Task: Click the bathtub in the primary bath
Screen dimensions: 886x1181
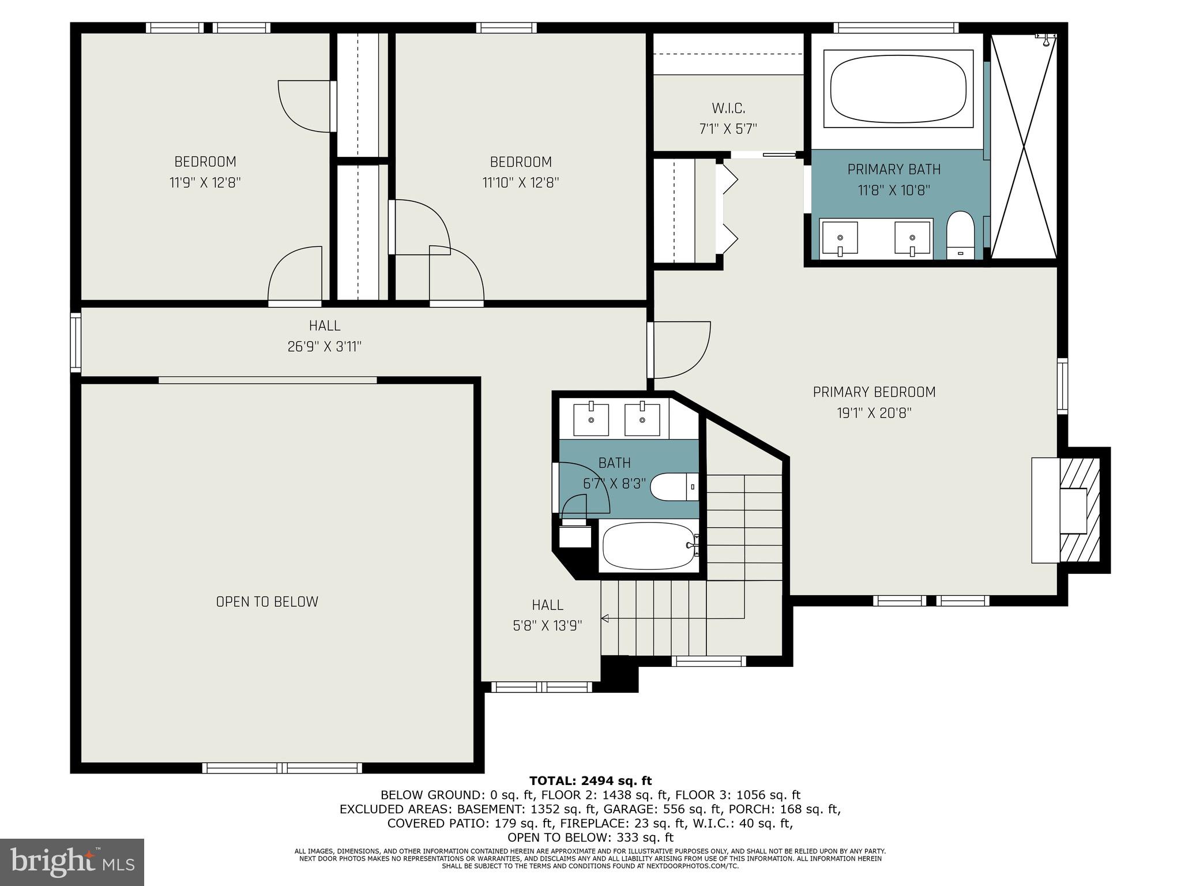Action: click(898, 88)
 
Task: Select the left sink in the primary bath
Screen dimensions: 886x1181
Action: click(840, 238)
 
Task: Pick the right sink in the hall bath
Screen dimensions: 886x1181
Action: click(642, 419)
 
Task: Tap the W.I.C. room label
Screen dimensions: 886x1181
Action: click(728, 108)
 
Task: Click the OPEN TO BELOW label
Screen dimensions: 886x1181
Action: click(267, 602)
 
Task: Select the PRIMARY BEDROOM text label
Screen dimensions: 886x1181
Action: click(874, 392)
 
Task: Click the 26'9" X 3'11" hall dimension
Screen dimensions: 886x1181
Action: click(324, 347)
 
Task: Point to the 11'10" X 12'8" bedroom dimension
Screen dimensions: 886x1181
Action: click(520, 183)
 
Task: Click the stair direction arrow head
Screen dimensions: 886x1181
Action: click(605, 619)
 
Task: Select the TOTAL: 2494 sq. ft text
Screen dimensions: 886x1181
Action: click(590, 781)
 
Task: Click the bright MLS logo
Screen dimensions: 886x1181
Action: click(72, 862)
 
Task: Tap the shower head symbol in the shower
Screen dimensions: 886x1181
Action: click(1045, 38)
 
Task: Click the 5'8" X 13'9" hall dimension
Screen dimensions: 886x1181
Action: click(547, 626)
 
